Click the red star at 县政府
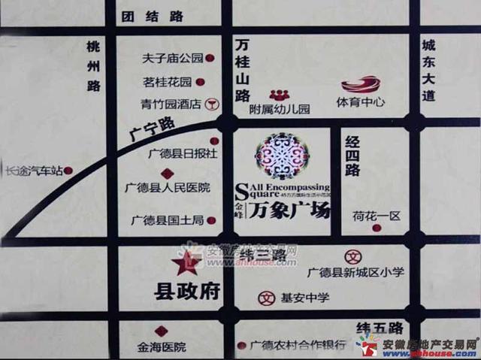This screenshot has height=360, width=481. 185,263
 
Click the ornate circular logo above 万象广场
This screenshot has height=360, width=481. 282,155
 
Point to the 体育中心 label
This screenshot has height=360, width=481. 361,101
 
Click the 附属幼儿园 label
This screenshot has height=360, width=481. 280,109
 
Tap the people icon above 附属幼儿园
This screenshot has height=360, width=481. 280,95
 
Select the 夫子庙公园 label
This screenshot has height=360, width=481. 173,58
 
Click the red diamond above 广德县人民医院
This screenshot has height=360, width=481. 167,173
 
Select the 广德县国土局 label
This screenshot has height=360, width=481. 168,220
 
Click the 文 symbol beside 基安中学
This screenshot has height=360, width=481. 265,298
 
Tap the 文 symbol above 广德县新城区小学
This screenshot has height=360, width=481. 350,256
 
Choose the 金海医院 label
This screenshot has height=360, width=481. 162,347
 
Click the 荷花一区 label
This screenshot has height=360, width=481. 377,216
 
